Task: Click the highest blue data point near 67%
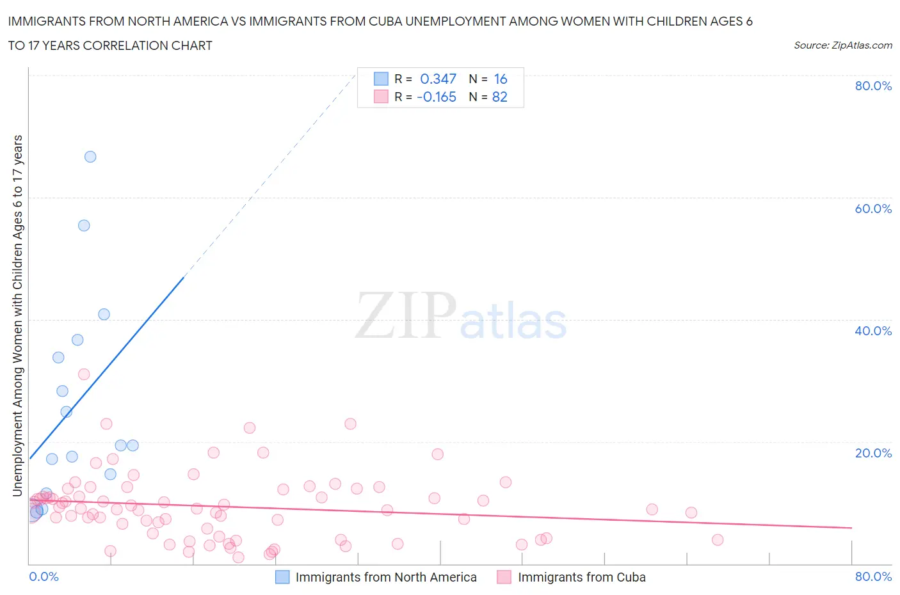click(90, 157)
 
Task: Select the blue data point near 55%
click(84, 225)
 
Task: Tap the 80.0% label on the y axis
click(873, 86)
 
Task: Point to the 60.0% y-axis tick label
click(873, 209)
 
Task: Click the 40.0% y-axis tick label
click(873, 331)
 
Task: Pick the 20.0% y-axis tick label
click(873, 453)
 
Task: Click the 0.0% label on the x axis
click(44, 576)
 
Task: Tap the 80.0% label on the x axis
click(873, 576)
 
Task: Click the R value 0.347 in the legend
click(438, 79)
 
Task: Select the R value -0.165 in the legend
click(437, 97)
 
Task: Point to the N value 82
click(499, 97)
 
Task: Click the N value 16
click(501, 79)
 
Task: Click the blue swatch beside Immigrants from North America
click(282, 577)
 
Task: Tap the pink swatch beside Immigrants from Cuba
click(504, 577)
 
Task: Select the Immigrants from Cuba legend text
click(581, 577)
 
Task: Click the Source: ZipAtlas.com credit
click(842, 45)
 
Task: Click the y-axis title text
click(17, 316)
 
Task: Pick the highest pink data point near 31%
click(84, 374)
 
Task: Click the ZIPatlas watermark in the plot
click(461, 316)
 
